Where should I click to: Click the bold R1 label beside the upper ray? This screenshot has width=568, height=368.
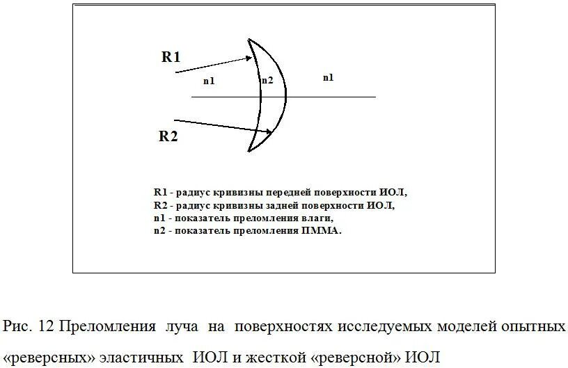(x=171, y=57)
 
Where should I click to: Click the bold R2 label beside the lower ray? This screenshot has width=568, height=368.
(x=168, y=136)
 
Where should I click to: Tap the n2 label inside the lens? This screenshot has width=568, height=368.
(x=267, y=81)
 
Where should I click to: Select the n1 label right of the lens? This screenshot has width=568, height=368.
(x=328, y=77)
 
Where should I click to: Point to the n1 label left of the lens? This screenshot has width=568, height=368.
(x=209, y=81)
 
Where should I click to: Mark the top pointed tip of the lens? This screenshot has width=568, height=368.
(x=249, y=38)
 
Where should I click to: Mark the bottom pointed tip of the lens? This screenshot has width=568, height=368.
(x=249, y=150)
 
